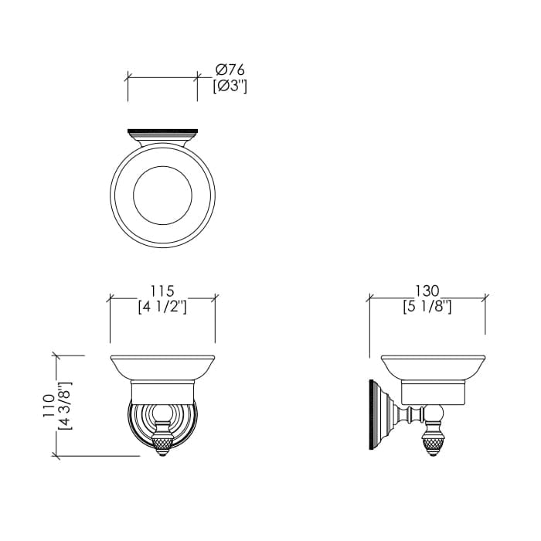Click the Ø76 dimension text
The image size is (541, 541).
[230, 70]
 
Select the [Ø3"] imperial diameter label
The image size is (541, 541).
[230, 87]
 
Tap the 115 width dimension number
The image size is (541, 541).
[162, 291]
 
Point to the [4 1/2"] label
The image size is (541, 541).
[162, 307]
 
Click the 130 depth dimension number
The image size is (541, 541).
[427, 291]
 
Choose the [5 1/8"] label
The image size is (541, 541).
[427, 307]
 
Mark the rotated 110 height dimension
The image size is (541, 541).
[49, 406]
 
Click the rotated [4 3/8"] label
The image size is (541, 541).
[65, 406]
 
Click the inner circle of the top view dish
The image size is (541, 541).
[162, 166]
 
